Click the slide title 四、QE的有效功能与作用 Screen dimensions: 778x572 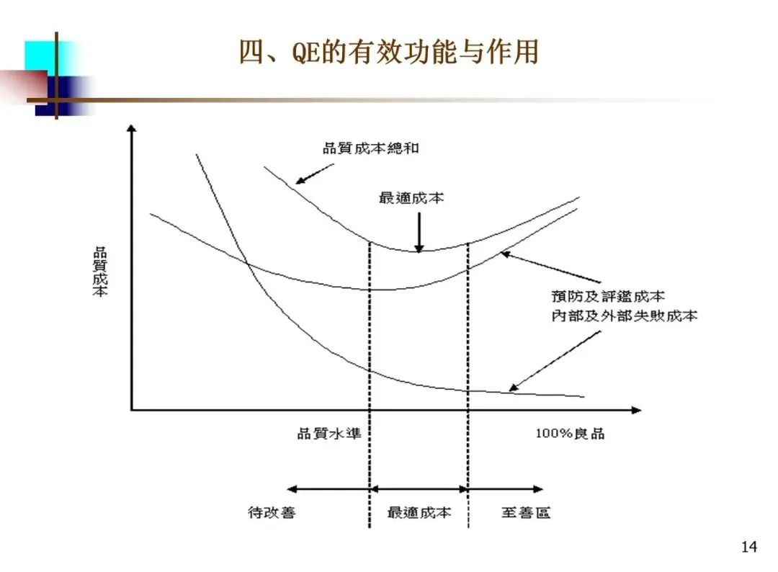pos(388,53)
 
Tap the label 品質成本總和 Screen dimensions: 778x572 pos(370,149)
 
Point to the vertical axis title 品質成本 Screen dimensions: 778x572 pos(100,273)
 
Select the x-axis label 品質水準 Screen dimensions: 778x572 pos(328,434)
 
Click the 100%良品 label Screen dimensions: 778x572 pos(570,434)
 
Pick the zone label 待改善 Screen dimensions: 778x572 pos(272,513)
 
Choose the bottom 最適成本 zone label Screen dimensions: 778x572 pos(419,513)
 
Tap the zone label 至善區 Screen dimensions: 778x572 pos(526,513)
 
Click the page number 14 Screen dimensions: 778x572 pos(749,548)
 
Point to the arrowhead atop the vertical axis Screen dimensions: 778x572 pos(131,129)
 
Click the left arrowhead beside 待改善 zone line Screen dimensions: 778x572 pos(291,488)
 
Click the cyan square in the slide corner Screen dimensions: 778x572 pos(40,56)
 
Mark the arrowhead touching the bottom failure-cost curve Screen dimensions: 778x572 pos(513,388)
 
